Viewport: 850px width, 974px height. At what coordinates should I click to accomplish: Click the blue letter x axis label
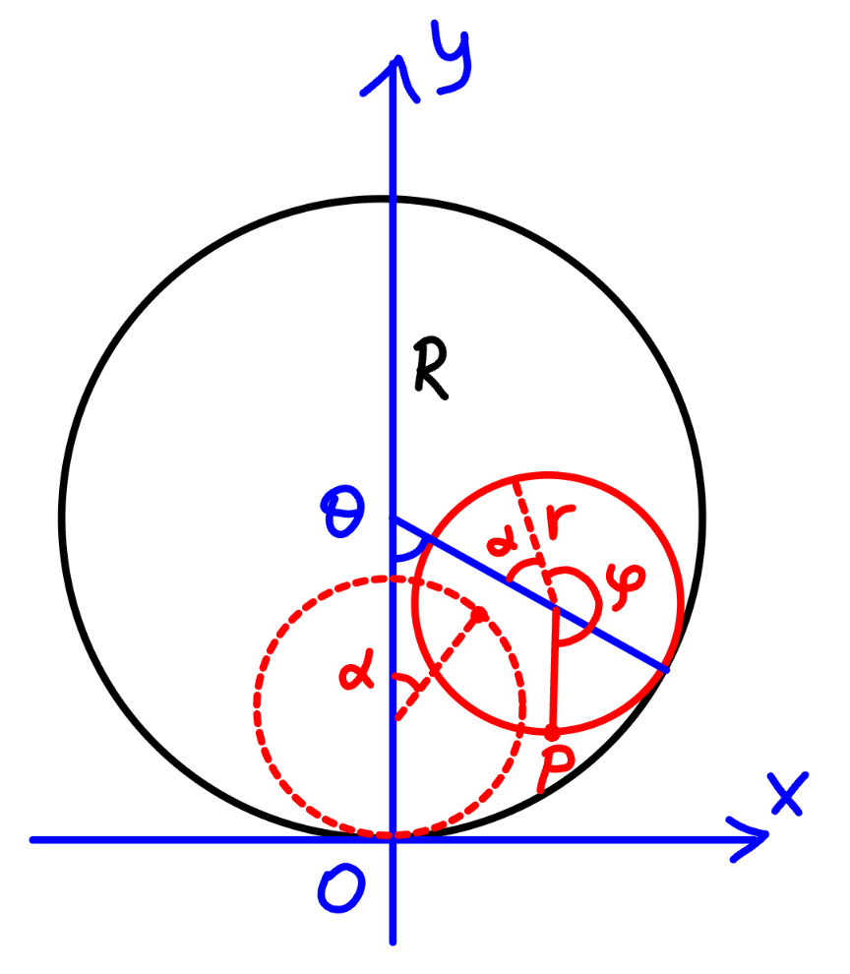787,793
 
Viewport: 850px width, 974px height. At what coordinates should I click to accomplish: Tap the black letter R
431,369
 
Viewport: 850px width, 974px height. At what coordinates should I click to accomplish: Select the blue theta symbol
342,513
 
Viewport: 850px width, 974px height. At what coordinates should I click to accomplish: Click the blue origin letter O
340,889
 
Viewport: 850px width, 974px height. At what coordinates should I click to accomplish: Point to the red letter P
555,768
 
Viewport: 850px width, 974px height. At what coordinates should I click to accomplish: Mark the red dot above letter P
551,734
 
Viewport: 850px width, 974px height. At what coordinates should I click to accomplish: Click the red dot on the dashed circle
479,615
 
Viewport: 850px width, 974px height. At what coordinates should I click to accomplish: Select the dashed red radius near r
533,539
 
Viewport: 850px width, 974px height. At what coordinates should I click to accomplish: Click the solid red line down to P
554,670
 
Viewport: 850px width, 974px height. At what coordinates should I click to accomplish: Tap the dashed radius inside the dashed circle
438,666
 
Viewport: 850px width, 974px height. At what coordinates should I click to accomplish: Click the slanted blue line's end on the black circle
667,670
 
